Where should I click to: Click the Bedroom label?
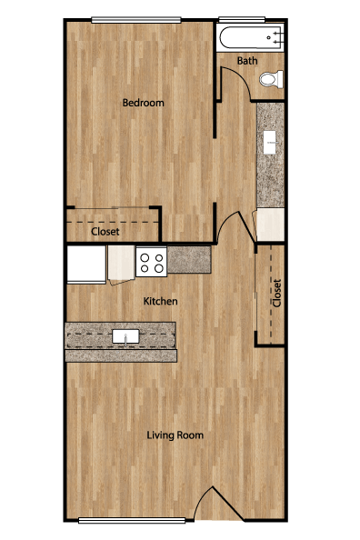pyautogui.click(x=143, y=103)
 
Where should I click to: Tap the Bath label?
pyautogui.click(x=247, y=61)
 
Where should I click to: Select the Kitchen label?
pyautogui.click(x=161, y=301)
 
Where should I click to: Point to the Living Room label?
pyautogui.click(x=175, y=435)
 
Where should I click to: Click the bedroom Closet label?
pyautogui.click(x=105, y=232)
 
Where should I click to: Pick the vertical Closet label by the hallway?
pyautogui.click(x=277, y=293)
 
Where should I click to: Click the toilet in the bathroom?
pyautogui.click(x=271, y=79)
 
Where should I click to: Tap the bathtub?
pyautogui.click(x=252, y=37)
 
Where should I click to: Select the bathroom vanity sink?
pyautogui.click(x=270, y=142)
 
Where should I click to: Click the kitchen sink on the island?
pyautogui.click(x=125, y=336)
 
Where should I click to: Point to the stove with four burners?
pyautogui.click(x=152, y=262)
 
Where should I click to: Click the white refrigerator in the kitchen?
pyautogui.click(x=86, y=265)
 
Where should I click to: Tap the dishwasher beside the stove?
pyautogui.click(x=121, y=264)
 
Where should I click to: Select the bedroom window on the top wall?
pyautogui.click(x=136, y=20)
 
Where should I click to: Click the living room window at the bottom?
pyautogui.click(x=132, y=520)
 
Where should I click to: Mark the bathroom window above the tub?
pyautogui.click(x=242, y=20)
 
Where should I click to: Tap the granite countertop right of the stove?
pyautogui.click(x=189, y=259)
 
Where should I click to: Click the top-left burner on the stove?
pyautogui.click(x=145, y=257)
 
